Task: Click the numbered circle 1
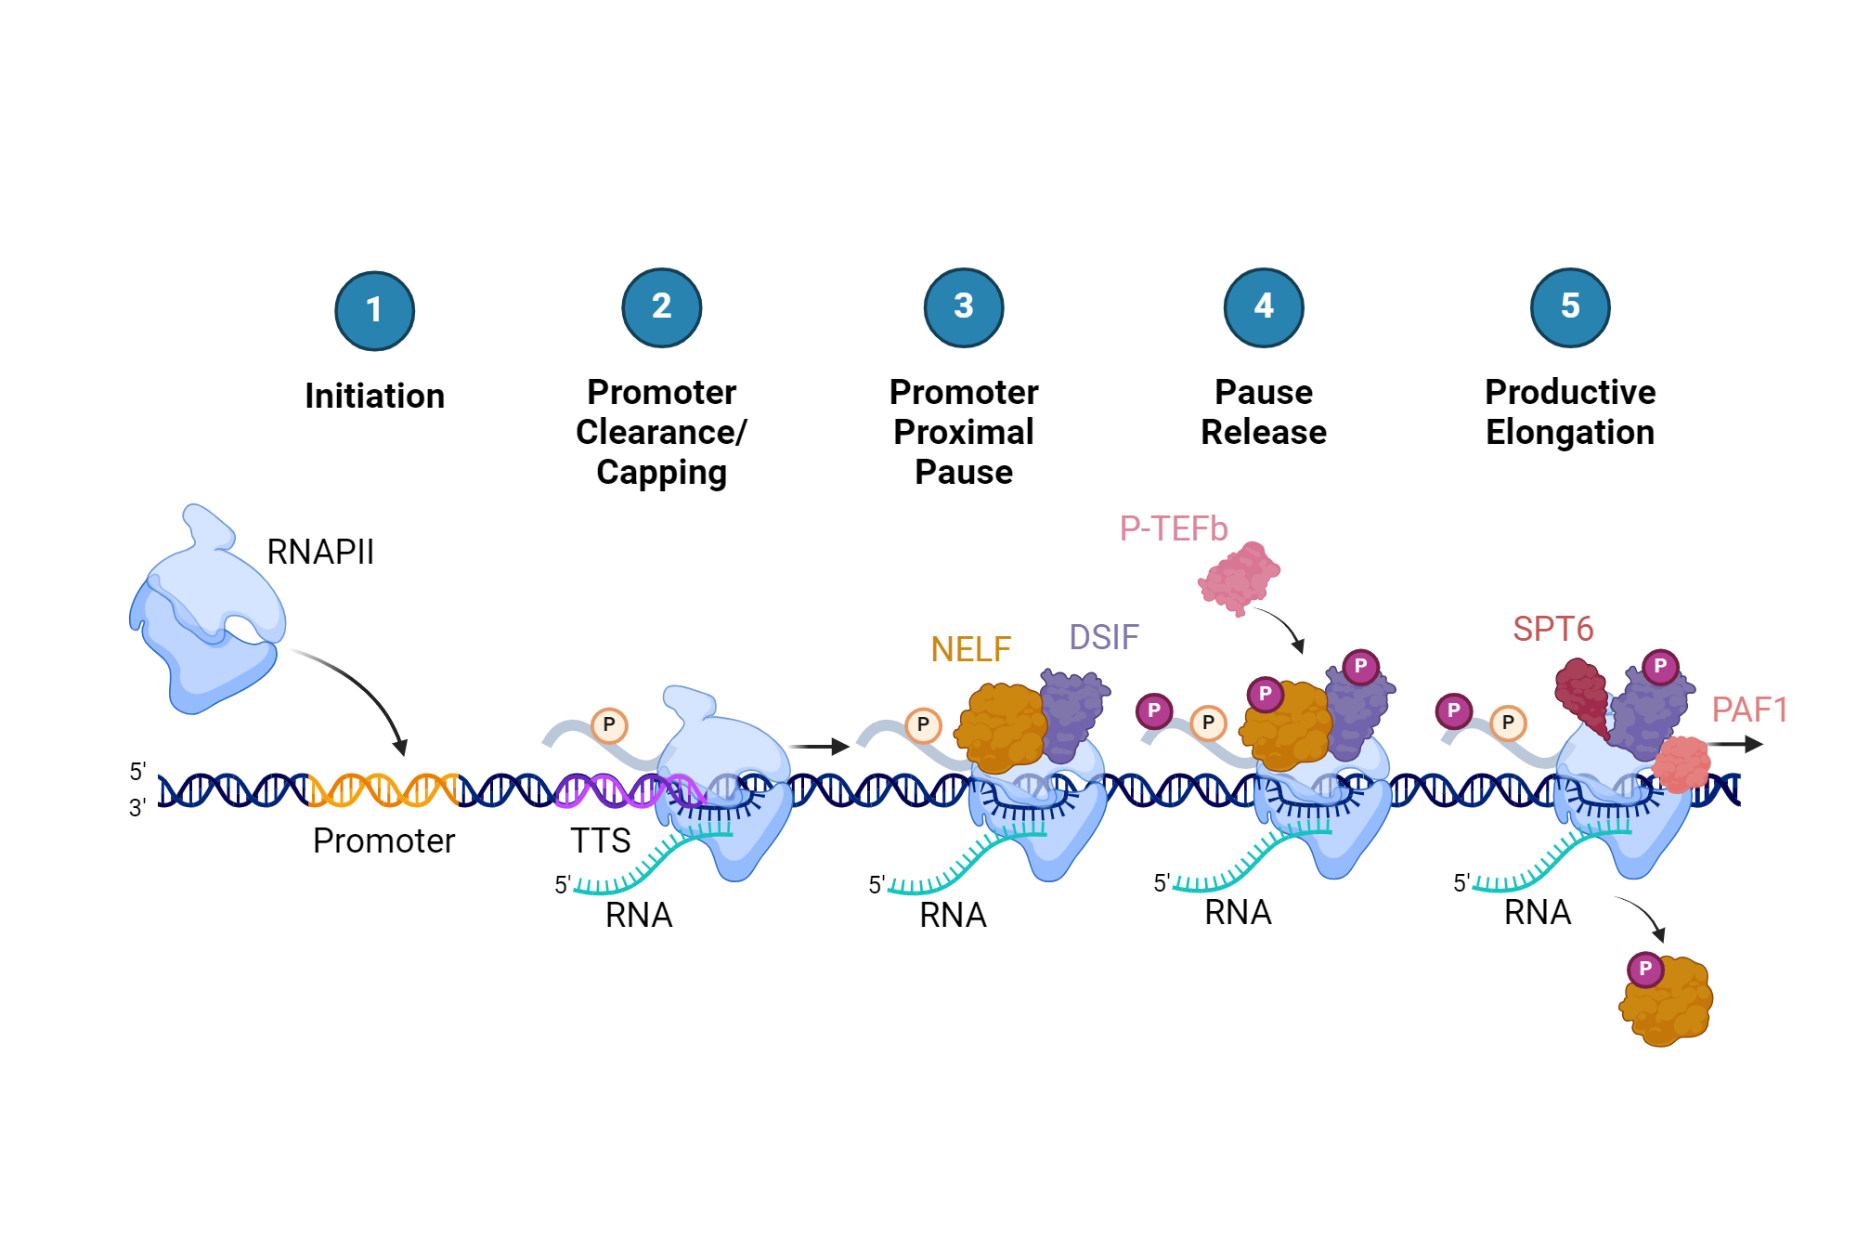coord(374,311)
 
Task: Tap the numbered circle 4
coord(1263,307)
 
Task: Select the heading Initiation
coord(374,397)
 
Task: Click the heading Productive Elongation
coord(1569,411)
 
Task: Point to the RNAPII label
coord(319,552)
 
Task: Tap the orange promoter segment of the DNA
coord(383,789)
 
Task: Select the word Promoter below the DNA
coord(383,841)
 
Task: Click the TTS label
coord(600,841)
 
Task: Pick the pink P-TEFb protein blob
coord(1239,578)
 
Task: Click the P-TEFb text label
coord(1173,528)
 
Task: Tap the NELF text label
coord(970,649)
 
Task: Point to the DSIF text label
coord(1103,637)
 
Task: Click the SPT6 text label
coord(1552,629)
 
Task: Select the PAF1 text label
coord(1748,710)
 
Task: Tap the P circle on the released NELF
coord(1644,969)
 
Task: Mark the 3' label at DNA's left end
coord(137,807)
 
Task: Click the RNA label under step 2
coord(638,915)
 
